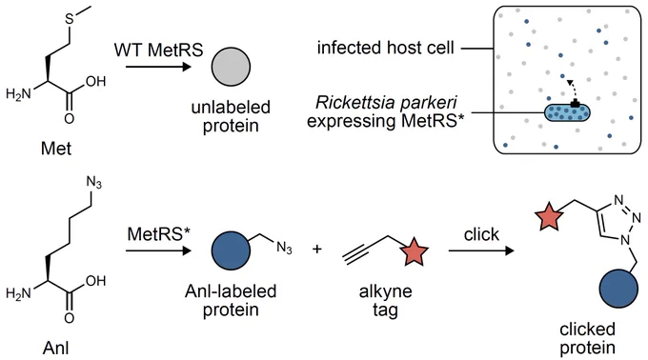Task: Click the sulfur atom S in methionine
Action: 70,19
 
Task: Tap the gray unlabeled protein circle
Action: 231,67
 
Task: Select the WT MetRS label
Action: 159,50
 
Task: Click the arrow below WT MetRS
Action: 159,67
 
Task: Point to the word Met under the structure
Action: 56,149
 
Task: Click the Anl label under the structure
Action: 56,348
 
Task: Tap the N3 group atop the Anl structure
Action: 93,183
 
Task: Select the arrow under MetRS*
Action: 159,250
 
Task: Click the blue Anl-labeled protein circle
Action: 231,250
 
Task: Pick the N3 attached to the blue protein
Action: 284,248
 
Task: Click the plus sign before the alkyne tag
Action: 317,249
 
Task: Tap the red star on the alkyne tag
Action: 415,251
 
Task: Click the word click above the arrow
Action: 481,234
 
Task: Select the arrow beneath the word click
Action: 481,250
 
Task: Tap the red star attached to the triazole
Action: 549,216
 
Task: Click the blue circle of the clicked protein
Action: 618,289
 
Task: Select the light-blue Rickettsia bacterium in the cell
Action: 567,112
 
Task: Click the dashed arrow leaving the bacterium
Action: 572,90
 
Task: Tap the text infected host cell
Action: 386,48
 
